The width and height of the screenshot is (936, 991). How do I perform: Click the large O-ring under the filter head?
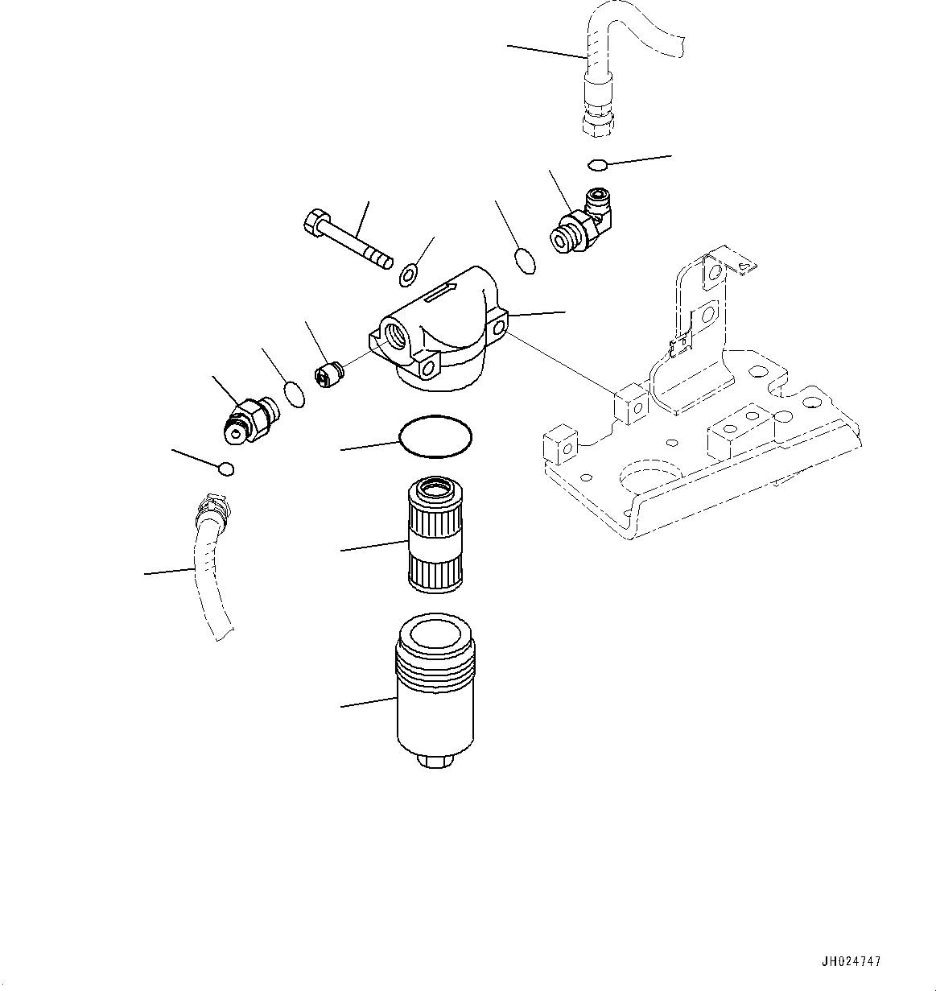[x=435, y=437]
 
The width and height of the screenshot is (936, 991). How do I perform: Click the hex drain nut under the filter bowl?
[x=435, y=760]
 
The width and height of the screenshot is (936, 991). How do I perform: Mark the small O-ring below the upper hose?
[x=597, y=166]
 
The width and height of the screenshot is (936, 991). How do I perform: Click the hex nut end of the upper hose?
[x=597, y=122]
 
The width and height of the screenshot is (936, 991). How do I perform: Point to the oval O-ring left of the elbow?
[x=524, y=262]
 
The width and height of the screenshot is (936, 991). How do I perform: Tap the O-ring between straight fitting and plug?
[x=295, y=394]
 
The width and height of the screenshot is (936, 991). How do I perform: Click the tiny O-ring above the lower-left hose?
[x=227, y=469]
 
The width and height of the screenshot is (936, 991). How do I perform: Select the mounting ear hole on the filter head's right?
[x=501, y=328]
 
